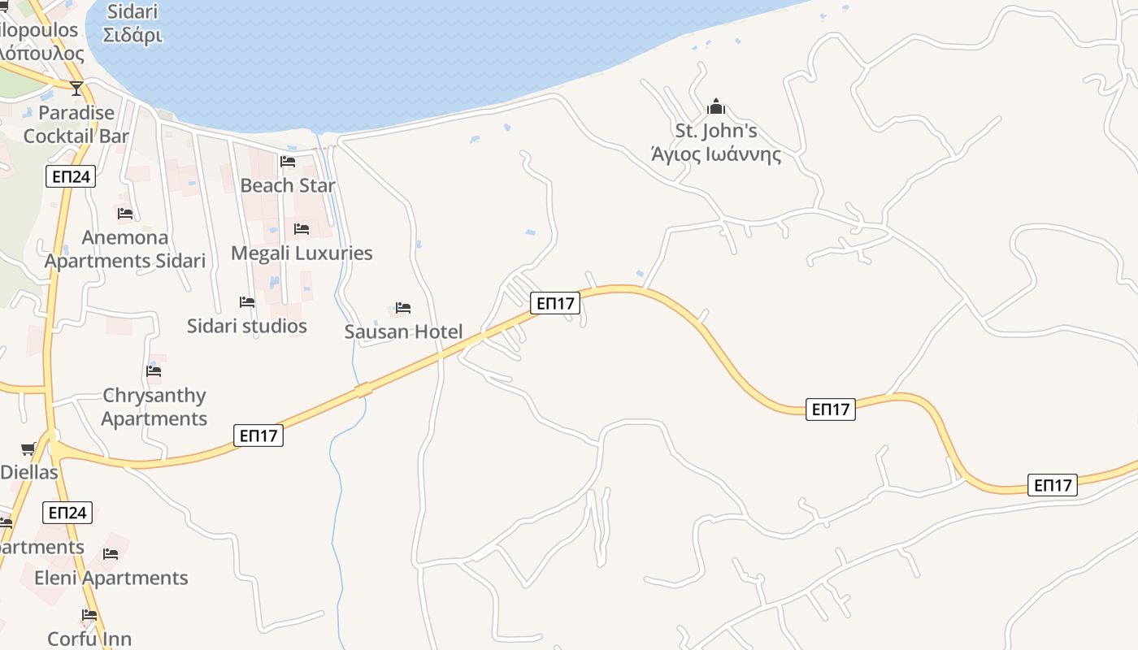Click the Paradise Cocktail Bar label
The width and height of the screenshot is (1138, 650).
(76, 123)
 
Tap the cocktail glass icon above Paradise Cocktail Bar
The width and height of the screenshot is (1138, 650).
(76, 88)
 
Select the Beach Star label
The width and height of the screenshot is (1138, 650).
(288, 185)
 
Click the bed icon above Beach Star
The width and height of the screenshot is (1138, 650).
(288, 161)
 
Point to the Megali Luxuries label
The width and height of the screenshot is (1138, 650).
(302, 253)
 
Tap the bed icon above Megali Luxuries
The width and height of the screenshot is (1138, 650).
(302, 228)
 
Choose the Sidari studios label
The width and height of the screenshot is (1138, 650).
(247, 326)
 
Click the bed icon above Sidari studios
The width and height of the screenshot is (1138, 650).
(247, 301)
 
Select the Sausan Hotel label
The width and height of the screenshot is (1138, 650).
(403, 331)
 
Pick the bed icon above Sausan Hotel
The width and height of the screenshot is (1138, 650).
(403, 307)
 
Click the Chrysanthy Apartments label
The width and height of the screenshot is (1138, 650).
(154, 407)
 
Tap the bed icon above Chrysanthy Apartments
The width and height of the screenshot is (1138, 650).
(154, 371)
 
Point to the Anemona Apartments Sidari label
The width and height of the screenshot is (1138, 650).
(125, 249)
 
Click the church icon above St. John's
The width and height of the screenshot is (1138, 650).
(715, 106)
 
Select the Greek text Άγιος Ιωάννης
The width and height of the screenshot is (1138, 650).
(716, 154)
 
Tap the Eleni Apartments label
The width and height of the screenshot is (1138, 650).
(111, 578)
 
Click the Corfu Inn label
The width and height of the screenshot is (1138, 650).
(89, 639)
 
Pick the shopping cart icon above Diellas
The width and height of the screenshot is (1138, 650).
(28, 448)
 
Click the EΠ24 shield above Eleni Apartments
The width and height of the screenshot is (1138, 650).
(67, 513)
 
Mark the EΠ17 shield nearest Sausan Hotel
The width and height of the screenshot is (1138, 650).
(556, 303)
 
